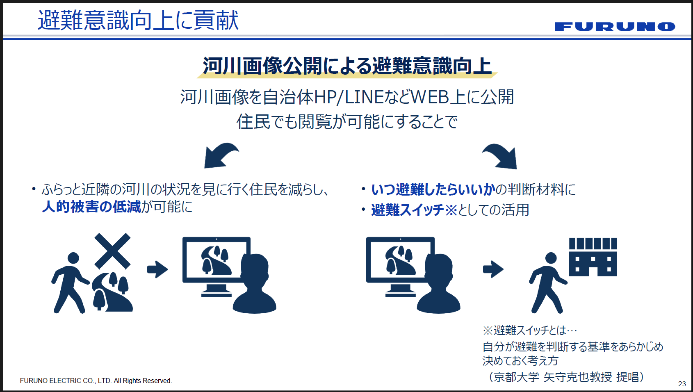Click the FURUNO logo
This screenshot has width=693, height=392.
tap(615, 27)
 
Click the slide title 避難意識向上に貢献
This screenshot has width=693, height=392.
tap(138, 21)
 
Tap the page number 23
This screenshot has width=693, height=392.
tap(682, 384)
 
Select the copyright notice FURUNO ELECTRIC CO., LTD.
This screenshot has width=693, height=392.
tap(96, 381)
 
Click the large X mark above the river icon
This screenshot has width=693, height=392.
tap(112, 251)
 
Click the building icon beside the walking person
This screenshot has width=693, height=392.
tap(593, 257)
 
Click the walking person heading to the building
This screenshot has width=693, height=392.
tap(547, 283)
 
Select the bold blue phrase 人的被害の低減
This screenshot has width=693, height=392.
tap(91, 207)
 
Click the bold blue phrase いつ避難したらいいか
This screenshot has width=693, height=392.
tap(433, 189)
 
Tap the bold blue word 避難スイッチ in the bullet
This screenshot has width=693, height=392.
tap(408, 210)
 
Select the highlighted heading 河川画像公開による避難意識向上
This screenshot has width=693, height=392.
tap(347, 66)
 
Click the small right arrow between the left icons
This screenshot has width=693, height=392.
tap(157, 269)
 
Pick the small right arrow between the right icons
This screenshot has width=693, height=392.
tap(493, 269)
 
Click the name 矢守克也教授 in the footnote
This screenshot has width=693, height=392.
tap(578, 377)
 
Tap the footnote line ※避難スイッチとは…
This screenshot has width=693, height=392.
tap(530, 330)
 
